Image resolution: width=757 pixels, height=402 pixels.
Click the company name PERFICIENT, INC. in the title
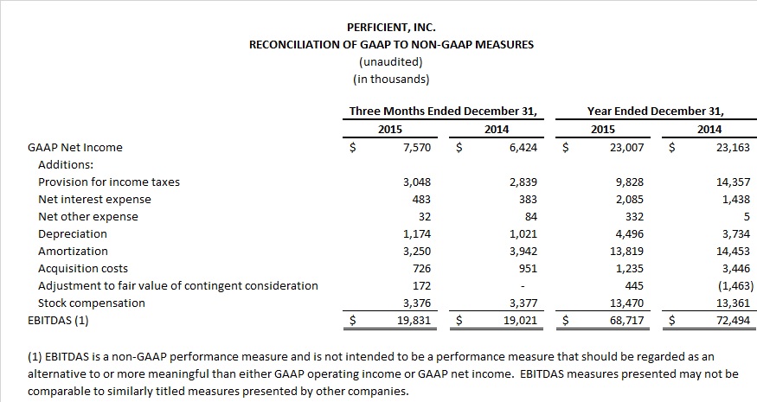(391, 28)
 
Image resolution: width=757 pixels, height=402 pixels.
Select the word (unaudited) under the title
(391, 61)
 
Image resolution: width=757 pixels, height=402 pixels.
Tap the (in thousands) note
(391, 80)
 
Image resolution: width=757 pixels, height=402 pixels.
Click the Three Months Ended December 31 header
(443, 111)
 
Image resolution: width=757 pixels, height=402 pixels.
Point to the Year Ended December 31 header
(655, 111)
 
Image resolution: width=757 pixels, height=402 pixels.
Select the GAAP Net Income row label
(74, 148)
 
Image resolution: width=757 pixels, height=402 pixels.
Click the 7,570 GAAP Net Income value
(417, 148)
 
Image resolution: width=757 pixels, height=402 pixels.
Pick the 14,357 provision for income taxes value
(734, 182)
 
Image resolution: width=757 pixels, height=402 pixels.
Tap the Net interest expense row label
(94, 200)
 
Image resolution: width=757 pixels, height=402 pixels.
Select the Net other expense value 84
(530, 217)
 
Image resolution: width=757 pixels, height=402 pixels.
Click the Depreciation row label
(73, 234)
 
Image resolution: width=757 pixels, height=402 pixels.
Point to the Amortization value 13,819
(626, 252)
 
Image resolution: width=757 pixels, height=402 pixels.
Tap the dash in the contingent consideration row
(523, 286)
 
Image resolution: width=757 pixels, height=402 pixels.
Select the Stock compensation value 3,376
(417, 303)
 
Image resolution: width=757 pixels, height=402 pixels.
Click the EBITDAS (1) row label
(58, 321)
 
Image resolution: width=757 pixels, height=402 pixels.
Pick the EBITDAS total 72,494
(734, 321)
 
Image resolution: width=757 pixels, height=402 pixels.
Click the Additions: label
(66, 164)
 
